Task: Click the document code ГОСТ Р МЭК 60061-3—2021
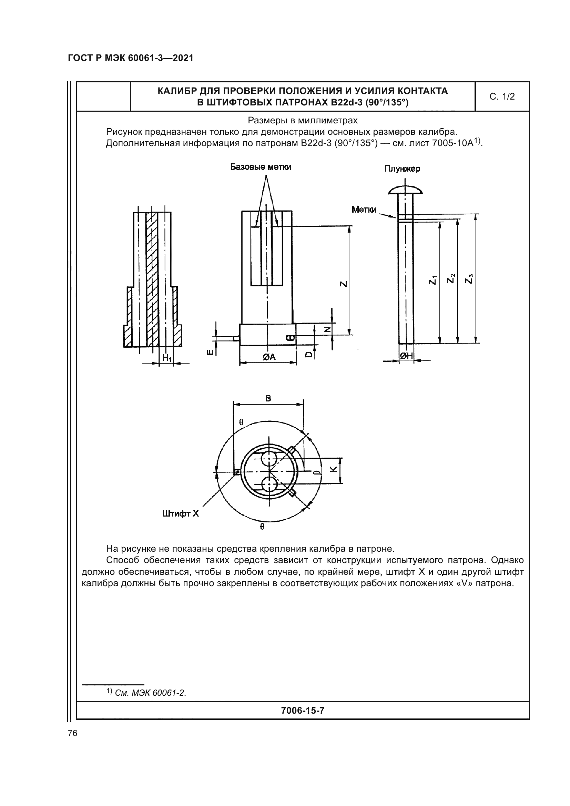[x=131, y=58]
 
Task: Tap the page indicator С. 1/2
[x=502, y=96]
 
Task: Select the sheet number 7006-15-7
[x=303, y=711]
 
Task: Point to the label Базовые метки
[x=261, y=167]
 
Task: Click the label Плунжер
[x=402, y=169]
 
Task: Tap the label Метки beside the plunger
[x=364, y=210]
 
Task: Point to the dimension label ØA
[x=269, y=357]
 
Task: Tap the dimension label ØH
[x=406, y=356]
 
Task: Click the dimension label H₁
[x=167, y=358]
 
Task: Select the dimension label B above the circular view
[x=268, y=398]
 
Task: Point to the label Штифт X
[x=180, y=513]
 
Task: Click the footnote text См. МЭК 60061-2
[x=150, y=693]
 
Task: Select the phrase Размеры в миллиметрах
[x=303, y=120]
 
